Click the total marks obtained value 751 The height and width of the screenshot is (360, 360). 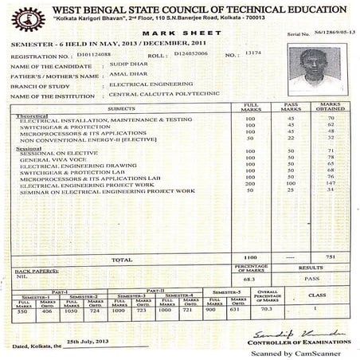tap(317, 258)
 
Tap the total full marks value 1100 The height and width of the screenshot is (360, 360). tap(250, 258)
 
